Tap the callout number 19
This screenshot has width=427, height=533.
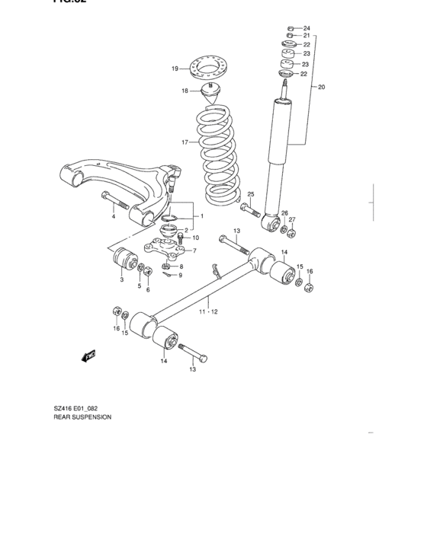tap(175, 69)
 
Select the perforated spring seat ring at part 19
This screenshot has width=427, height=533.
tap(208, 68)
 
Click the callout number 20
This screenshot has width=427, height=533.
tap(321, 88)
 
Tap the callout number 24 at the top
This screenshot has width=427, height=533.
tap(307, 28)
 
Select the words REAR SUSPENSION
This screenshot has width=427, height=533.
tap(82, 417)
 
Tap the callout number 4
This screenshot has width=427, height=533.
tap(113, 217)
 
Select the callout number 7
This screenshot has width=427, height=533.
tap(194, 251)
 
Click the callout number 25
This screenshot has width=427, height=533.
tap(249, 195)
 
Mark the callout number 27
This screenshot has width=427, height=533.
tap(291, 220)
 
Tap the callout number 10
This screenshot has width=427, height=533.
tap(195, 238)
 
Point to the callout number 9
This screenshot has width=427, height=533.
tap(180, 275)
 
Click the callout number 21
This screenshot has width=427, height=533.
tap(307, 36)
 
